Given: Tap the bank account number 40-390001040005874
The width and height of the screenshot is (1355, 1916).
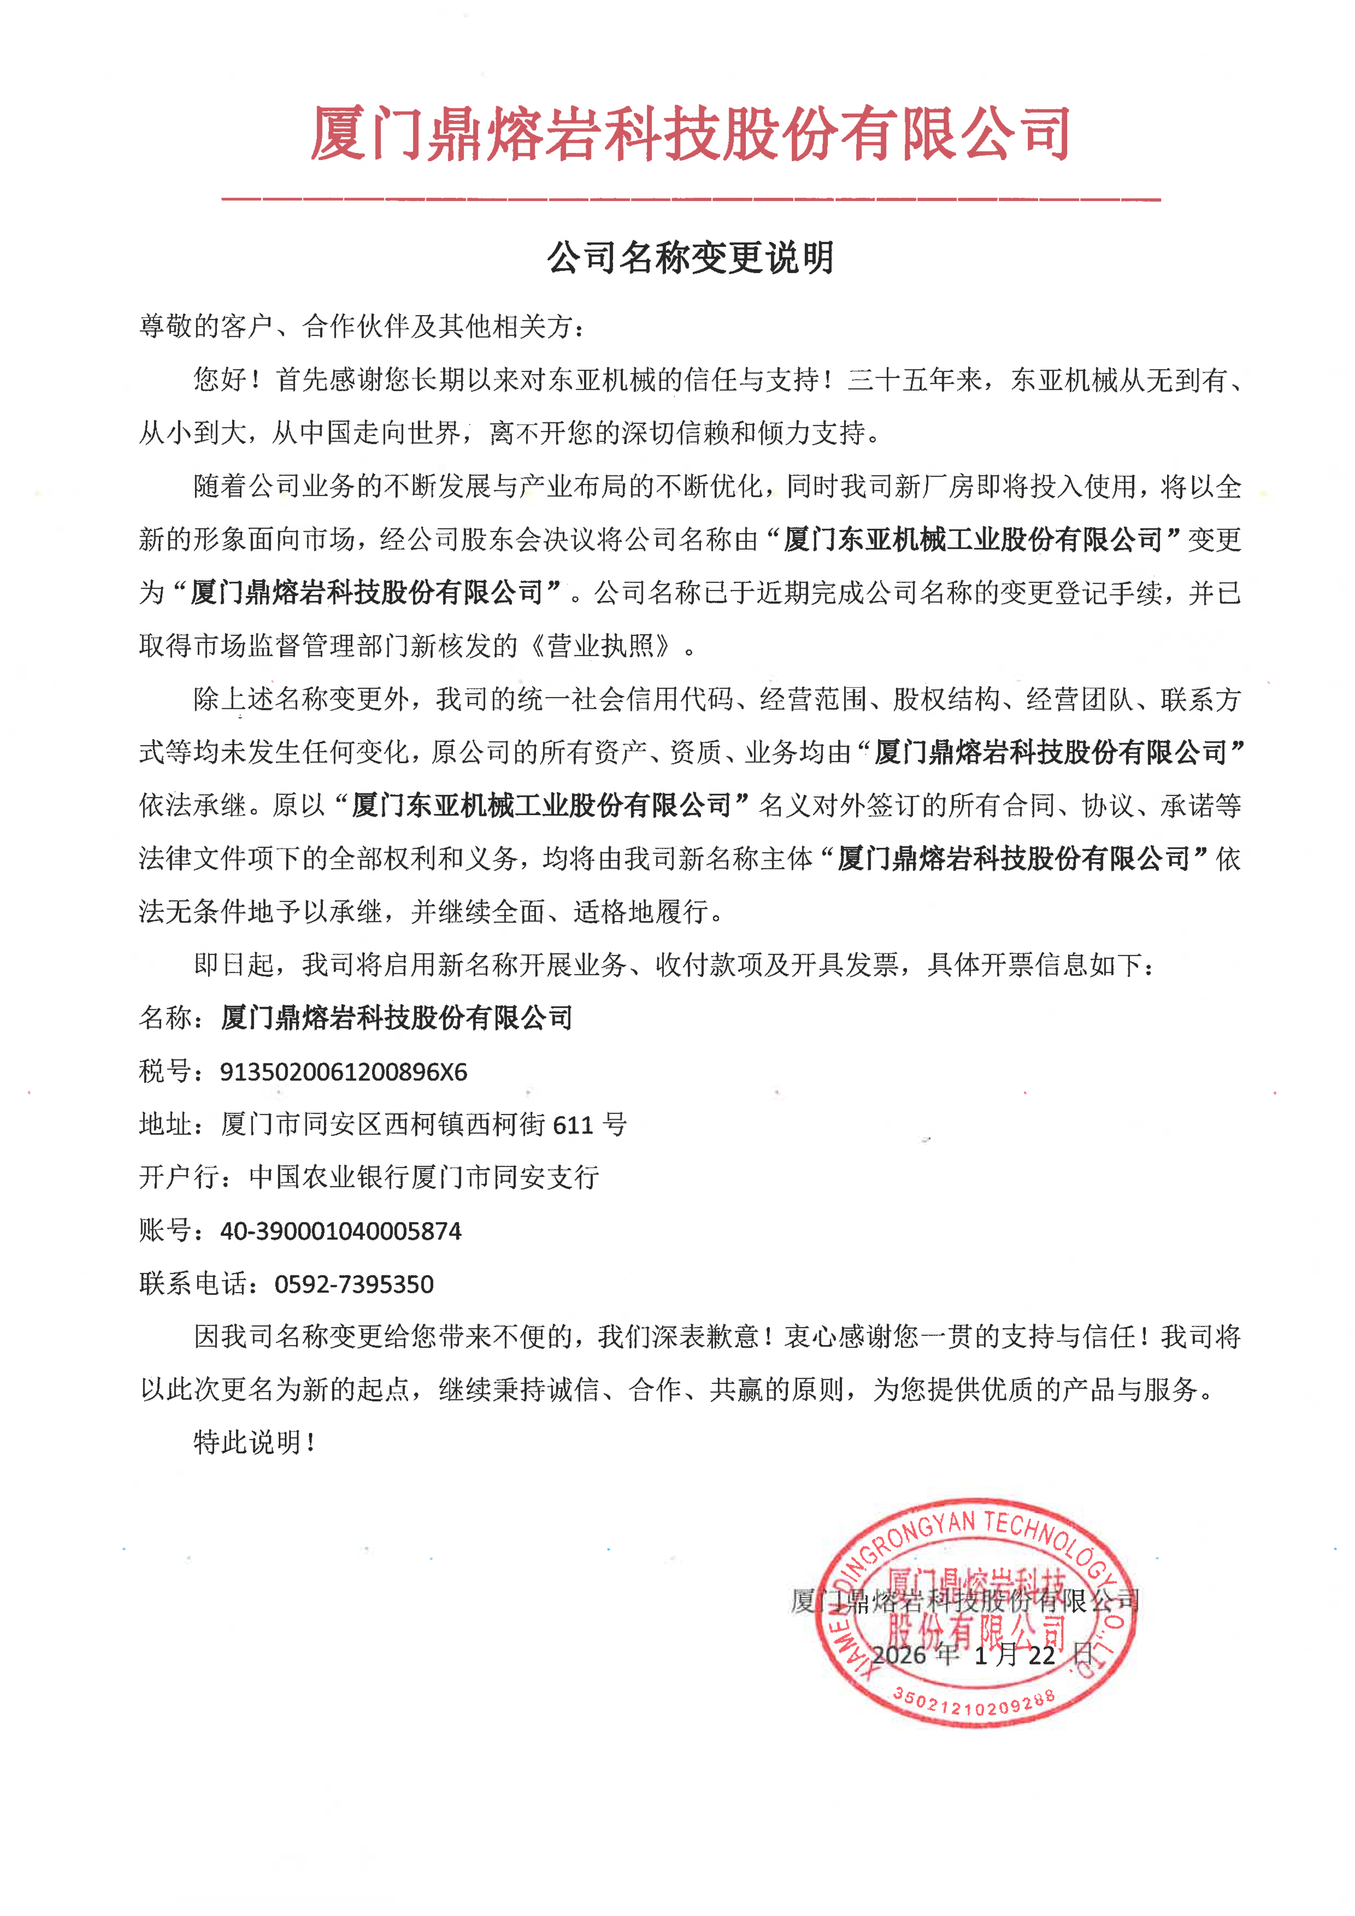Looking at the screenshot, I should [340, 1231].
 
